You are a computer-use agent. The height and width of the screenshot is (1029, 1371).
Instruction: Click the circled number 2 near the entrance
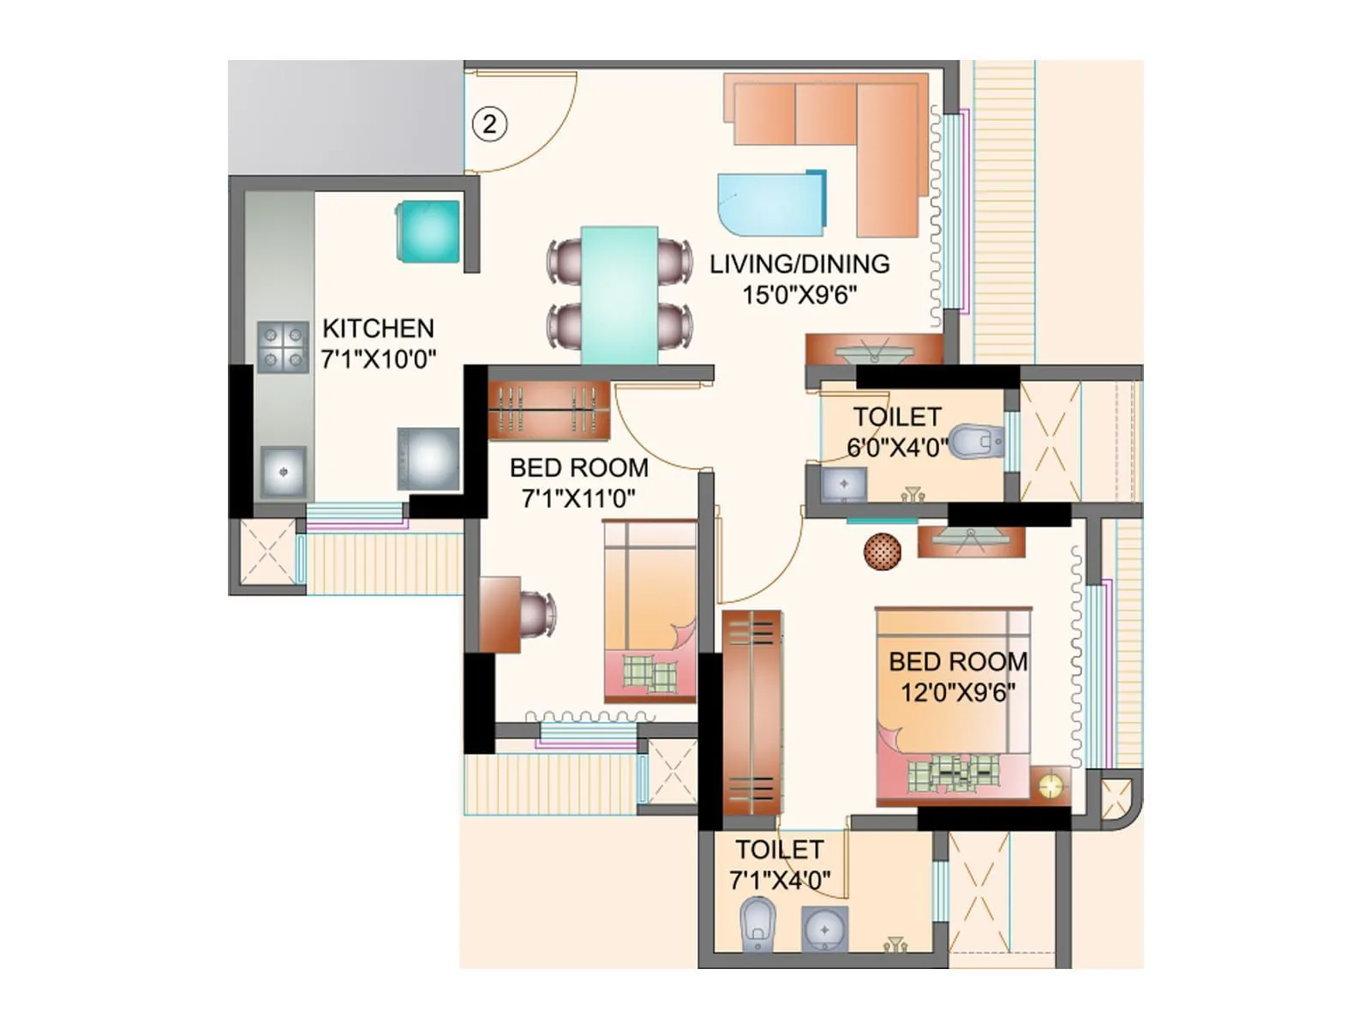click(489, 125)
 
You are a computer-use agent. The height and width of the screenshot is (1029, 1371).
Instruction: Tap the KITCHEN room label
click(378, 328)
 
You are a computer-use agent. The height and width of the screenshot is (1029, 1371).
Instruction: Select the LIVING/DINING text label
click(799, 264)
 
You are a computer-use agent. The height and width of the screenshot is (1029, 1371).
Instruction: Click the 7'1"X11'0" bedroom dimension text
click(578, 498)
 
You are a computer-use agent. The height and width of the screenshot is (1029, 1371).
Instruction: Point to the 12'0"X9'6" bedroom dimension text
click(957, 692)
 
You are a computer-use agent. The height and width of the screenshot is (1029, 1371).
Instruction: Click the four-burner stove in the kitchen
click(283, 347)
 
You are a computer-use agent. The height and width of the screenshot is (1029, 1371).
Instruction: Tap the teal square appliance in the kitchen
click(428, 232)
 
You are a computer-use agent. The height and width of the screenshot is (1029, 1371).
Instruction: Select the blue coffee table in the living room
click(769, 204)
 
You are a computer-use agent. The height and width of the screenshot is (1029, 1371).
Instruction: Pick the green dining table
click(620, 295)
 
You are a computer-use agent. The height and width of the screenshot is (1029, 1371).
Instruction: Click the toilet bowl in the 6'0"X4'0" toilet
click(975, 442)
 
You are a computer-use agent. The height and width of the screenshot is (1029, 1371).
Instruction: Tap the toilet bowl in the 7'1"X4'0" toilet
click(757, 924)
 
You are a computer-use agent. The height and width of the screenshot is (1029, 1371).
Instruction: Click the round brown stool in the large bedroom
click(882, 551)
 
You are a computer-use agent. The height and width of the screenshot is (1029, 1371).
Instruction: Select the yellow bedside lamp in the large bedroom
click(1051, 785)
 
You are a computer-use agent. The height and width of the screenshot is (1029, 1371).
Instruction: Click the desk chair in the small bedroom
click(538, 615)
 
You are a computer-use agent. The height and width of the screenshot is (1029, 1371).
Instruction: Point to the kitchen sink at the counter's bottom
click(283, 472)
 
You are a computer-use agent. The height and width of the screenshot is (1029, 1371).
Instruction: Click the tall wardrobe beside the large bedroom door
click(751, 712)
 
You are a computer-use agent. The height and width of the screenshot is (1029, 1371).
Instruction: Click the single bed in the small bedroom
click(650, 611)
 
